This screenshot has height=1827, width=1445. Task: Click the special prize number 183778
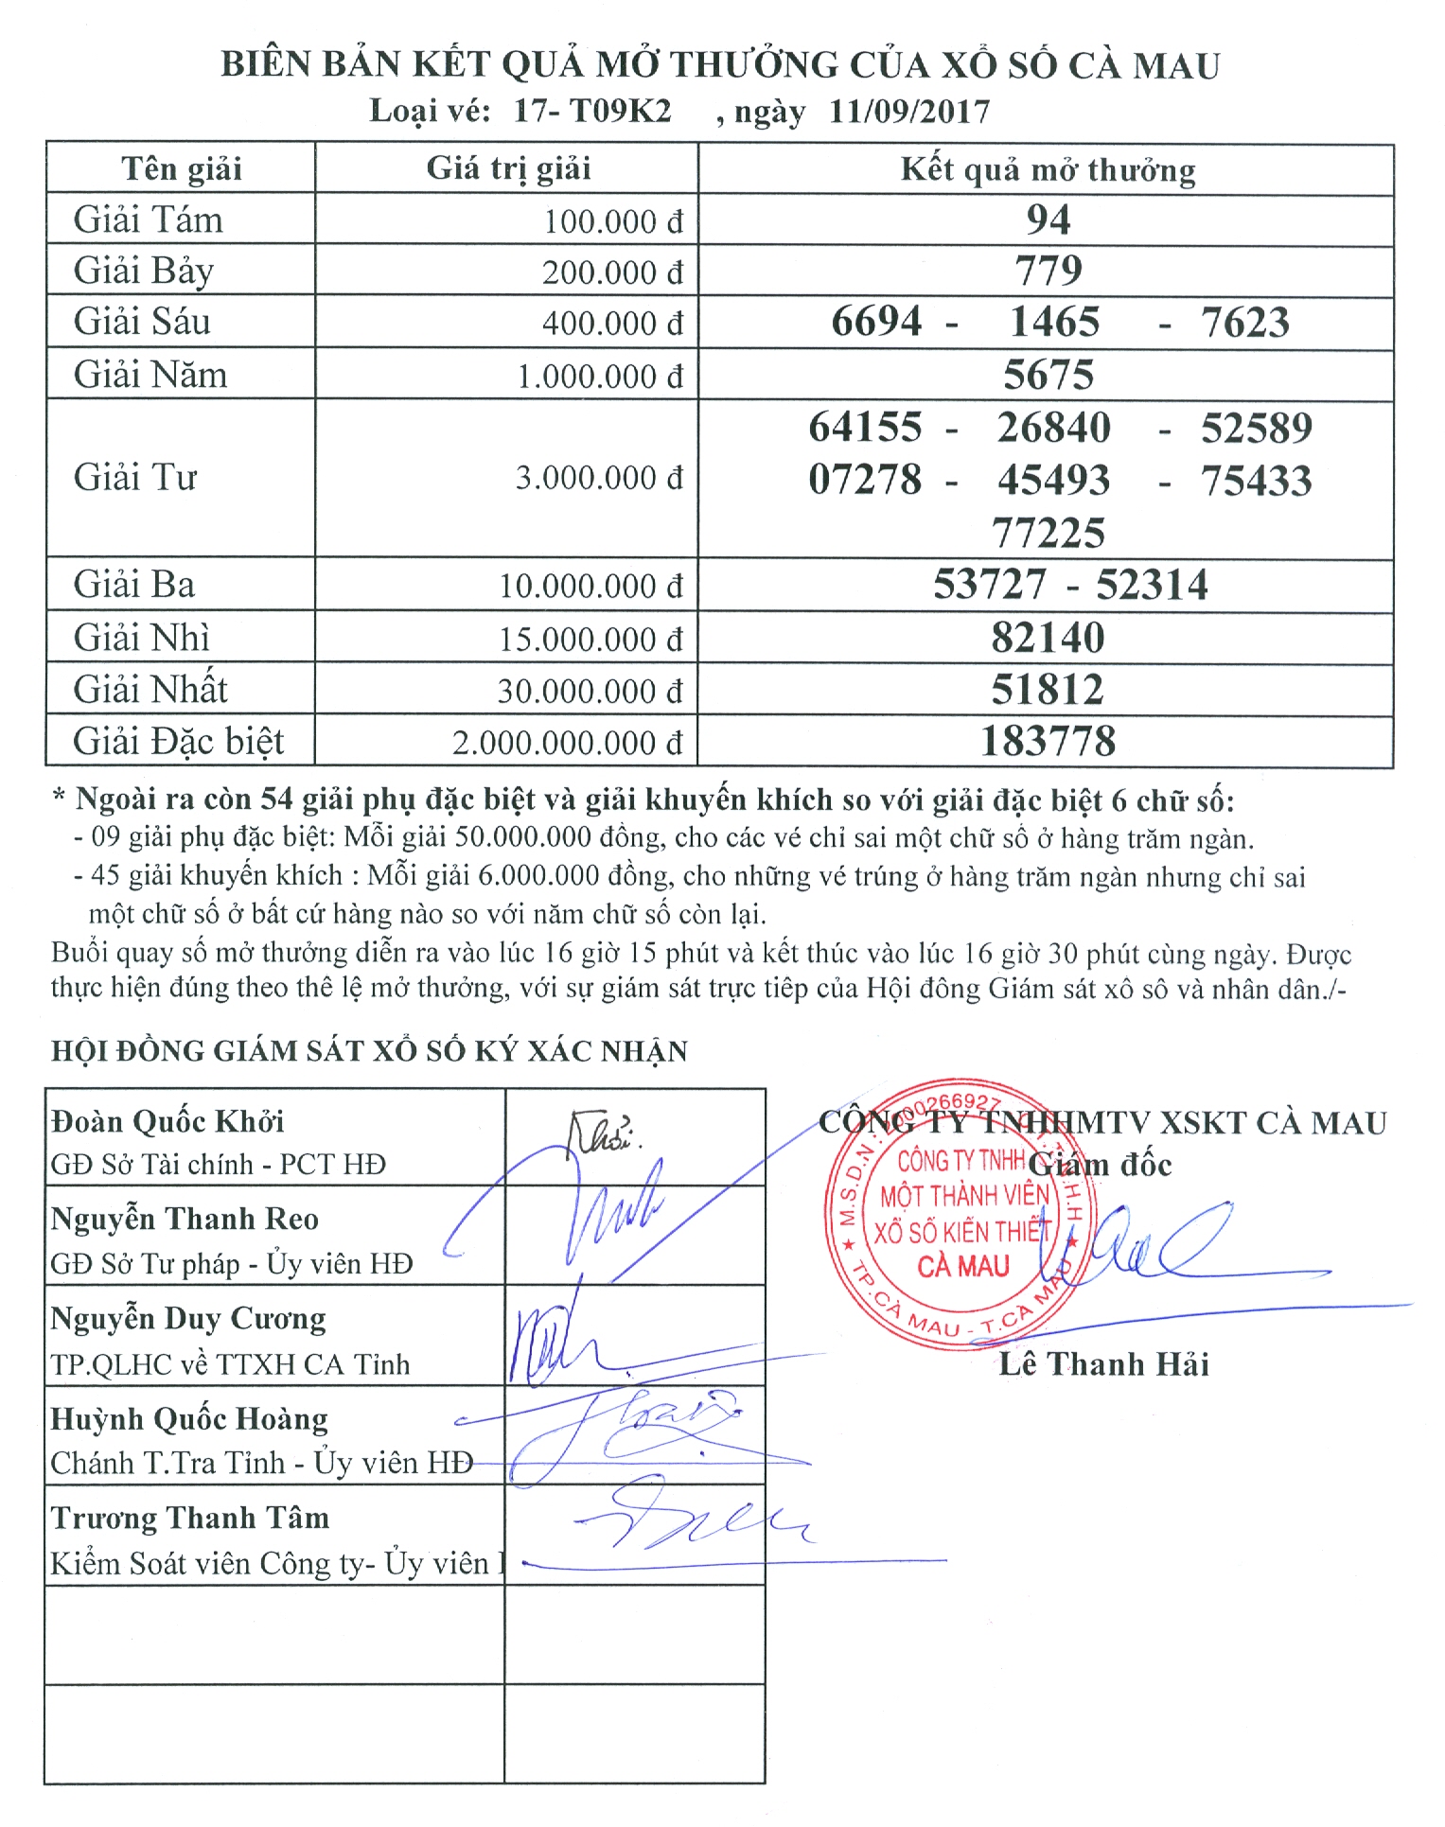[1048, 741]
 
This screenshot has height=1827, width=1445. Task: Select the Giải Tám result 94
[1049, 220]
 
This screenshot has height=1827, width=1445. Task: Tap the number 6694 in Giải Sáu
[876, 322]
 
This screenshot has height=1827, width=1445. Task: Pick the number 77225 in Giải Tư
[1049, 533]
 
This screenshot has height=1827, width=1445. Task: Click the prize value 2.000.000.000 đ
[567, 743]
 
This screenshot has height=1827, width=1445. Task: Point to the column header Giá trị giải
[508, 168]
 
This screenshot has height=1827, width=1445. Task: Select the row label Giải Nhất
[150, 689]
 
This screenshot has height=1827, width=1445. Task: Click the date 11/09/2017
[909, 112]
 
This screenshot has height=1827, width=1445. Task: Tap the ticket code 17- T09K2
[592, 112]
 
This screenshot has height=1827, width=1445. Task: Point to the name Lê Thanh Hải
[1103, 1363]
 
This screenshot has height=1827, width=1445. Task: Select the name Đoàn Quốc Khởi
[167, 1121]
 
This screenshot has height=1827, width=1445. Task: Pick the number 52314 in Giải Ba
[1152, 585]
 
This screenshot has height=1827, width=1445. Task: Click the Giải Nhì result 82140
[1048, 638]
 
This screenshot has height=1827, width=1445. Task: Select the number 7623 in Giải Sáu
[1245, 323]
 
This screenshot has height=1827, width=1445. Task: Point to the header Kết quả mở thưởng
[1048, 169]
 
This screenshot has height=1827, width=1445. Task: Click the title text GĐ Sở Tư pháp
[144, 1264]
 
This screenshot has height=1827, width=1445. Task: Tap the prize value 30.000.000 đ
[590, 691]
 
